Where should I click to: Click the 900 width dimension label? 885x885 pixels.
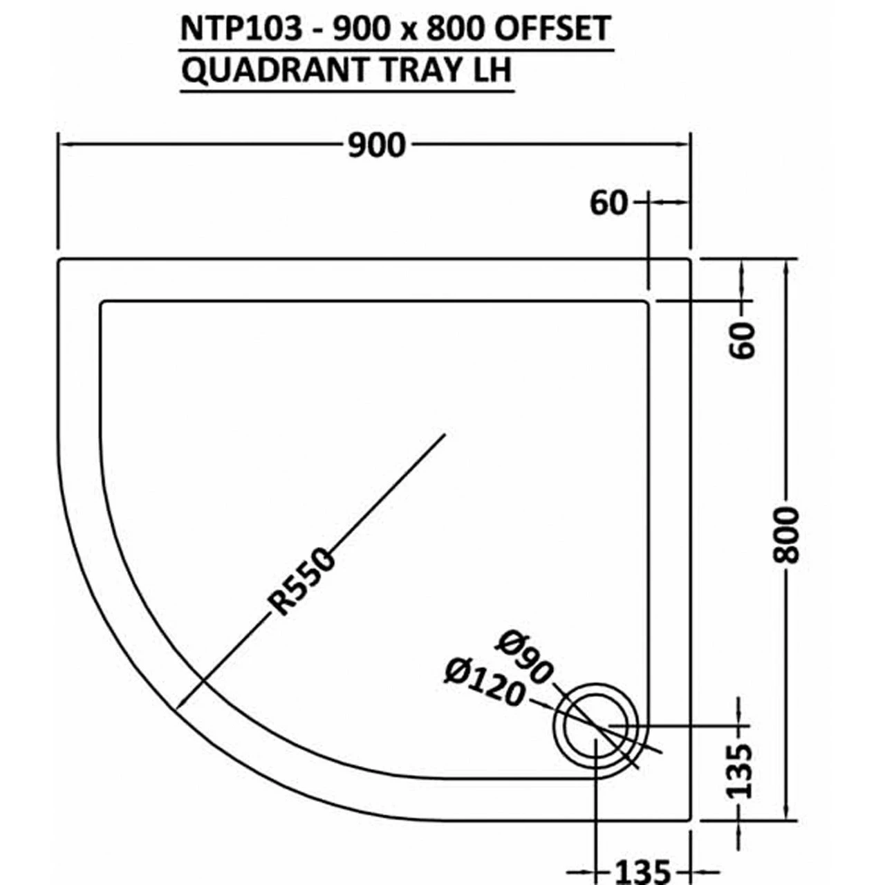click(375, 145)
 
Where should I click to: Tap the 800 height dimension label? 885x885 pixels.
click(787, 535)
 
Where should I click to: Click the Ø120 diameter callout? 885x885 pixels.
click(485, 684)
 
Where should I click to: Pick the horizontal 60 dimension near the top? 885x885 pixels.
click(608, 203)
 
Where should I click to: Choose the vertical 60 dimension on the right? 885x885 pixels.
click(744, 339)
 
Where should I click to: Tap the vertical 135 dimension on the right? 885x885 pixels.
click(740, 770)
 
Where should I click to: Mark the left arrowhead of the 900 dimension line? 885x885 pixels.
click(64, 145)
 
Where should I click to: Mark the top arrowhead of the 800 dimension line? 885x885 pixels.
click(785, 266)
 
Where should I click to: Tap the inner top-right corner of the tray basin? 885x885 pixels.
click(646, 304)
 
